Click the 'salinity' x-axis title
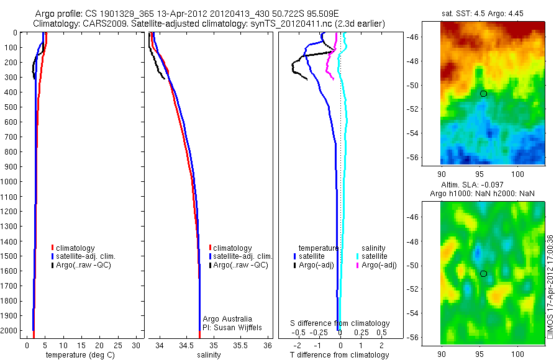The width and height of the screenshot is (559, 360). click(x=209, y=355)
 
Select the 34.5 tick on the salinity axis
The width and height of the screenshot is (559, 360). click(x=186, y=344)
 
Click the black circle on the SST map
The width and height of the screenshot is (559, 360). click(x=483, y=94)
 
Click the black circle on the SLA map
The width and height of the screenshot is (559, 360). click(x=483, y=274)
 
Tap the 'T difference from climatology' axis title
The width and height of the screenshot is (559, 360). click(x=340, y=355)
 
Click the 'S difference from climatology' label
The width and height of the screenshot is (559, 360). click(x=340, y=323)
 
